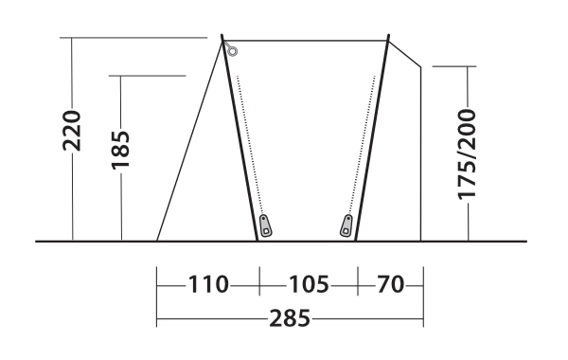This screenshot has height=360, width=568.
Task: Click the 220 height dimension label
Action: tap(72, 131)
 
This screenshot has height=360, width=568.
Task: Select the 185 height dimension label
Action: tap(120, 150)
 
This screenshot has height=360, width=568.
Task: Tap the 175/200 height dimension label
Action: tap(467, 154)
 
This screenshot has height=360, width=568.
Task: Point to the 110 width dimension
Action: tap(208, 284)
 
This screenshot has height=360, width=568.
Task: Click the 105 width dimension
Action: tap(309, 284)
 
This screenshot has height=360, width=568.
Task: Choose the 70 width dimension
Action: tap(390, 284)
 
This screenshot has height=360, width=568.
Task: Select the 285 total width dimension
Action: tap(290, 318)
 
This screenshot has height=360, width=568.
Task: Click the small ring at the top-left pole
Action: tap(233, 51)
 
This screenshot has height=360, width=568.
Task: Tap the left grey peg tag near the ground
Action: tap(265, 225)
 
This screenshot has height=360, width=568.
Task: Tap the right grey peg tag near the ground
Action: tap(346, 225)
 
